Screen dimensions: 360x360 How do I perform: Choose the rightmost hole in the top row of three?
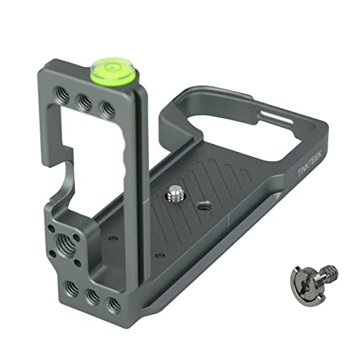[107, 109]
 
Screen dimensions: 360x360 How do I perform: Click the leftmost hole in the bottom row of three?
[71, 289]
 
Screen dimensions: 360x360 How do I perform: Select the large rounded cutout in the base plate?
[216, 122]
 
